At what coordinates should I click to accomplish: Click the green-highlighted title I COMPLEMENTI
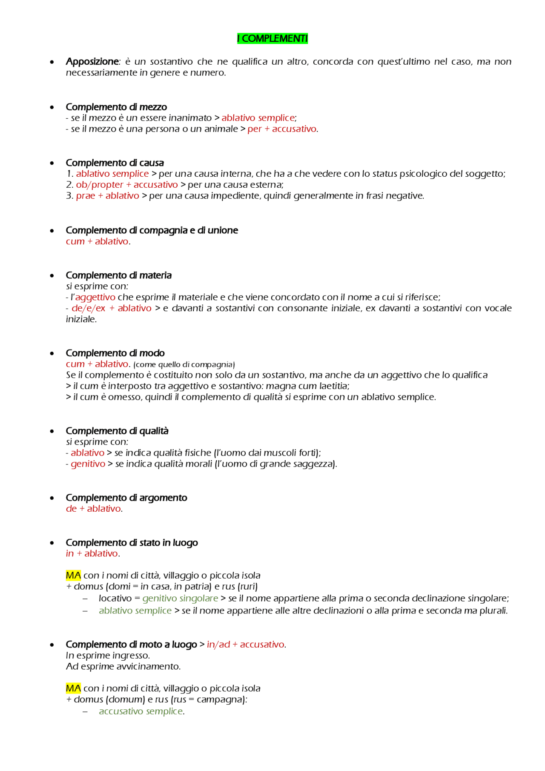[x=272, y=39]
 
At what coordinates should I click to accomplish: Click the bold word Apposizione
[x=92, y=62]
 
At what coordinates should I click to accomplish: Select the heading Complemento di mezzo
[x=116, y=107]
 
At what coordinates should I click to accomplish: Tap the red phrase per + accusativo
[x=282, y=129]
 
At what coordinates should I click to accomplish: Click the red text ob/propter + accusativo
[x=127, y=185]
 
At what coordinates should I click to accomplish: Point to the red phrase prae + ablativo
[x=107, y=196]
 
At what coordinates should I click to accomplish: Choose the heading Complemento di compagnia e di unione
[x=152, y=230]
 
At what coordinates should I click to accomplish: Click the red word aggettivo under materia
[x=95, y=297]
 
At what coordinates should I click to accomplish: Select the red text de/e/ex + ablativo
[x=111, y=308]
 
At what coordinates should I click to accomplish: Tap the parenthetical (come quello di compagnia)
[x=184, y=365]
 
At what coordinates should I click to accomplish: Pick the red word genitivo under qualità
[x=88, y=464]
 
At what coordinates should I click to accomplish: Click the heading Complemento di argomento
[x=126, y=498]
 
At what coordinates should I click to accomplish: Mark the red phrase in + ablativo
[x=92, y=553]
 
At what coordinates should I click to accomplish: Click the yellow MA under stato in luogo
[x=73, y=576]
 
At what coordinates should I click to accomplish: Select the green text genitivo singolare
[x=180, y=599]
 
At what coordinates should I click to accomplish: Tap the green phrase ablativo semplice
[x=135, y=611]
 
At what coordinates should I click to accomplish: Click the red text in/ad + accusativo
[x=245, y=645]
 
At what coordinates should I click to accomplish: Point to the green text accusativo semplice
[x=141, y=711]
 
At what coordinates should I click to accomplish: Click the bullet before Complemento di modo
[x=52, y=354]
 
